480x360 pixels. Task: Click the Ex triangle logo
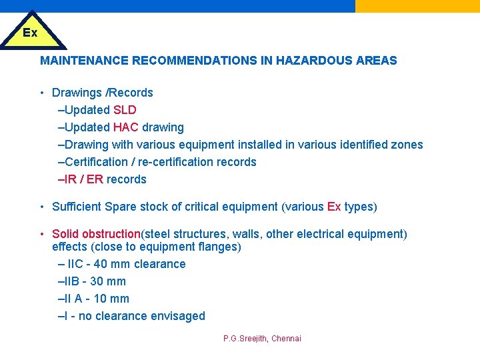[x=31, y=32]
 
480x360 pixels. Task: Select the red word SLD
[x=125, y=110]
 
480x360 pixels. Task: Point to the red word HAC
[x=126, y=127]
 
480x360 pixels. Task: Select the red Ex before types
[x=334, y=207]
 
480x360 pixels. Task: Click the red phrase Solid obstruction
[x=96, y=234]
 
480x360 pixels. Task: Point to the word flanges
[x=217, y=247]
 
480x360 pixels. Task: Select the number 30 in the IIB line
[x=97, y=281]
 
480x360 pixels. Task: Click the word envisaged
[x=178, y=316]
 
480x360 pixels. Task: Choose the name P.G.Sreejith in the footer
[x=245, y=339]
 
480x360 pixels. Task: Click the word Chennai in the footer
[x=287, y=339]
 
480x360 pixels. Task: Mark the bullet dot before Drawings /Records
[x=42, y=93]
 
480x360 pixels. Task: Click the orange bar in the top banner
[x=417, y=6]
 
